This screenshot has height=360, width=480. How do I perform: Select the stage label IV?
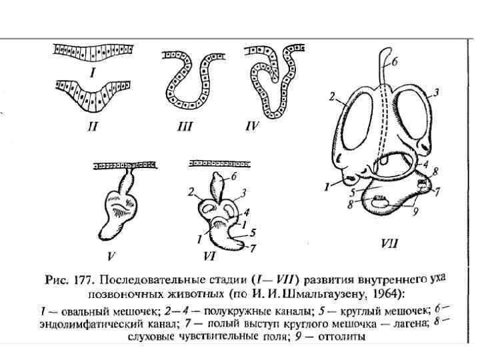(x=251, y=125)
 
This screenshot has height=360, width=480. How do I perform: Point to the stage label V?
(x=113, y=253)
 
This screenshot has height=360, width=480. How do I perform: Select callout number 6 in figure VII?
(x=394, y=62)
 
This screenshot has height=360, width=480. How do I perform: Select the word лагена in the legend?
(x=407, y=323)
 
